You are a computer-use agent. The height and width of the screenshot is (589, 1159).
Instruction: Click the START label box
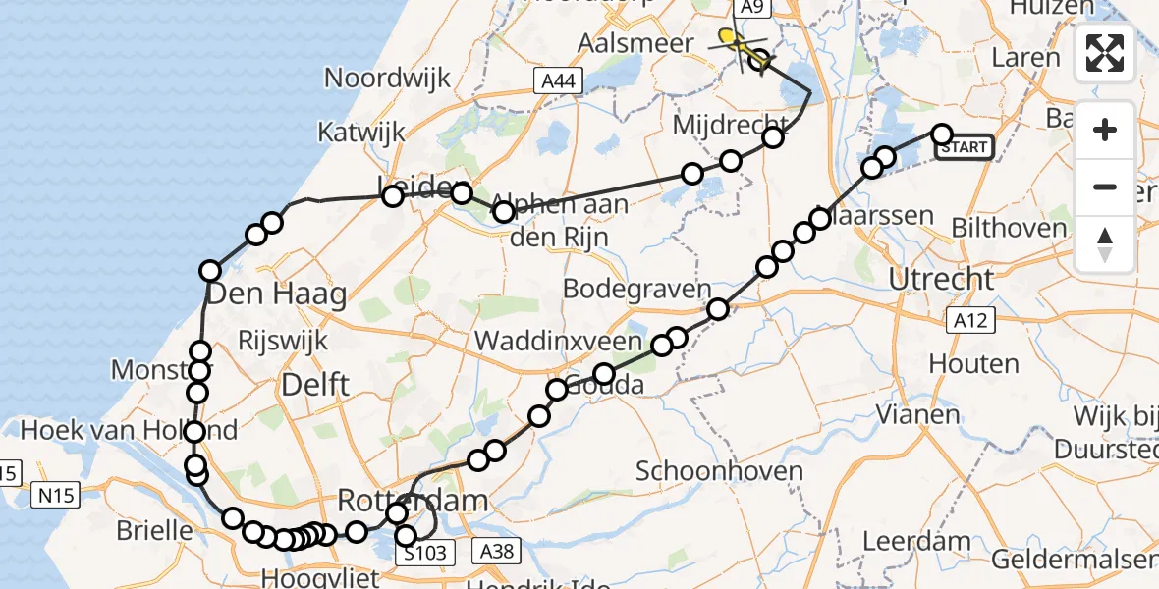tap(964, 147)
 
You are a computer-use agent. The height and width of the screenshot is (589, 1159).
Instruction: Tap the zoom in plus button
tap(1105, 130)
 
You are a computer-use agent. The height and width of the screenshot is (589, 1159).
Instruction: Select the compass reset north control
tap(1105, 244)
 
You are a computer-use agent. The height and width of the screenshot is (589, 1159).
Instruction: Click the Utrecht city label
tap(941, 279)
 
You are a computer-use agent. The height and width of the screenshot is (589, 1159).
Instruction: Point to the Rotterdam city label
tap(413, 501)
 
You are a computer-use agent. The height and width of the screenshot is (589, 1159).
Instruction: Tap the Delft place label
tap(314, 385)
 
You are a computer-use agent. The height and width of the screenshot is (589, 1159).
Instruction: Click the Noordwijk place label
tap(387, 78)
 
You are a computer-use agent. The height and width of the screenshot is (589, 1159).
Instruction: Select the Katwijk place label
tap(358, 132)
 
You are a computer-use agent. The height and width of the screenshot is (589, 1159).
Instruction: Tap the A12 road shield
tap(972, 319)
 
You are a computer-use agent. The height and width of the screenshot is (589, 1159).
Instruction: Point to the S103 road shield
tap(426, 553)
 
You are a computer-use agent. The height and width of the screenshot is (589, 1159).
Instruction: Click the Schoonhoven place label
tap(719, 470)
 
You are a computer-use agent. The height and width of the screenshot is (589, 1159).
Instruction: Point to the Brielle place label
tap(154, 530)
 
